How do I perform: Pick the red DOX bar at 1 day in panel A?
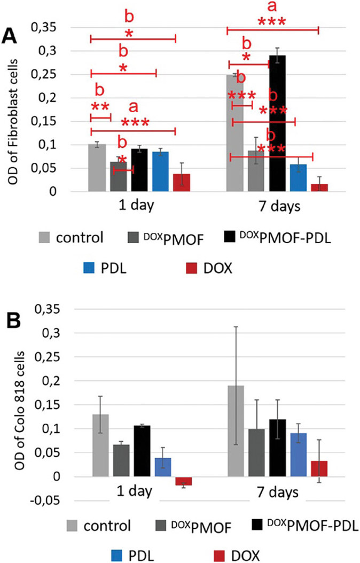tap(182, 182)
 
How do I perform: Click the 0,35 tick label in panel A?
tap(46, 27)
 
